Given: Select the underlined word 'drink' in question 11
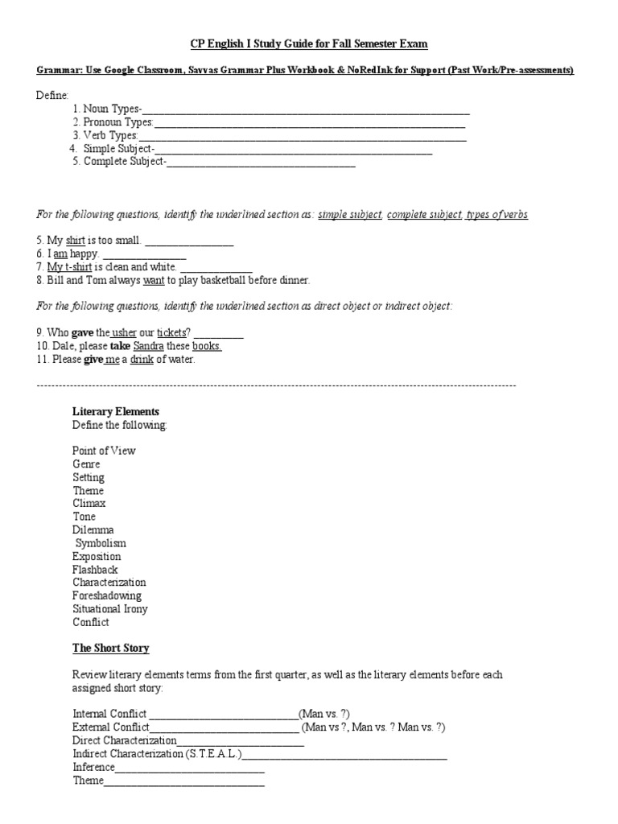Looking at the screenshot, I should [x=142, y=359].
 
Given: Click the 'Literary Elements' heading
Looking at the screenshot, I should [x=116, y=412].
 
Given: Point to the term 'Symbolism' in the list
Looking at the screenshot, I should [x=101, y=543].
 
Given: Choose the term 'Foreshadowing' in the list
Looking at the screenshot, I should [x=107, y=595].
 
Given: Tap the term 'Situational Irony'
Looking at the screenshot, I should [x=110, y=609].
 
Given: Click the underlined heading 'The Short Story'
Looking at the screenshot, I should [x=111, y=648].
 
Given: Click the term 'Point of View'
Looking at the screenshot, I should [x=104, y=451].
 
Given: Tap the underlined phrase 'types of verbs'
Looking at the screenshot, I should [x=496, y=215].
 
